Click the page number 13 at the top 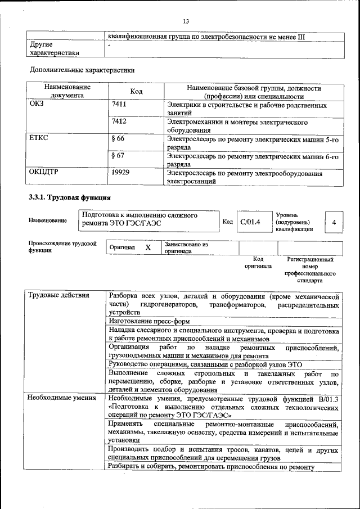(186, 21)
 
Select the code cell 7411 (119, 105)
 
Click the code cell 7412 (119, 121)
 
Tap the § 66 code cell (118, 138)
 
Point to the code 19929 (120, 172)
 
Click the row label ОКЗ (36, 105)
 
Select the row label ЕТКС (39, 138)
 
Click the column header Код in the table (136, 92)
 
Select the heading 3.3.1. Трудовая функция (70, 197)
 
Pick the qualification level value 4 (334, 223)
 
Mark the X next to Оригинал (148, 248)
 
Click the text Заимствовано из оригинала (186, 248)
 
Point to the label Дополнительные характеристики (82, 70)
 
